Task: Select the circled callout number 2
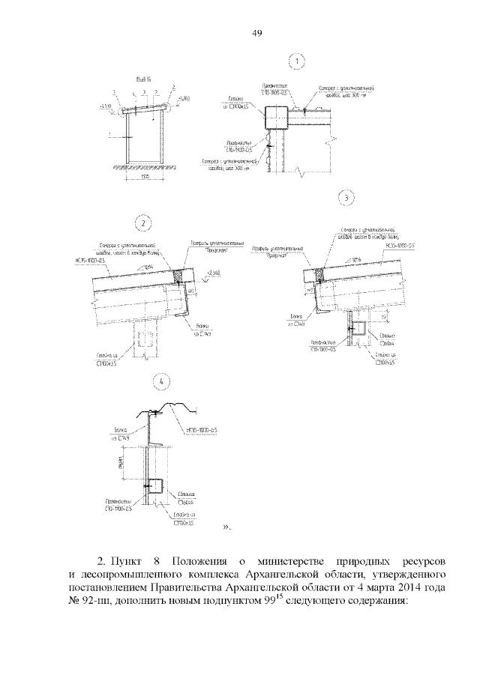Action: click(142, 223)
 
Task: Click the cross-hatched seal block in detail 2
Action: click(179, 276)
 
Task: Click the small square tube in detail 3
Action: click(359, 328)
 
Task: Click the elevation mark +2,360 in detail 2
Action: click(215, 272)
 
